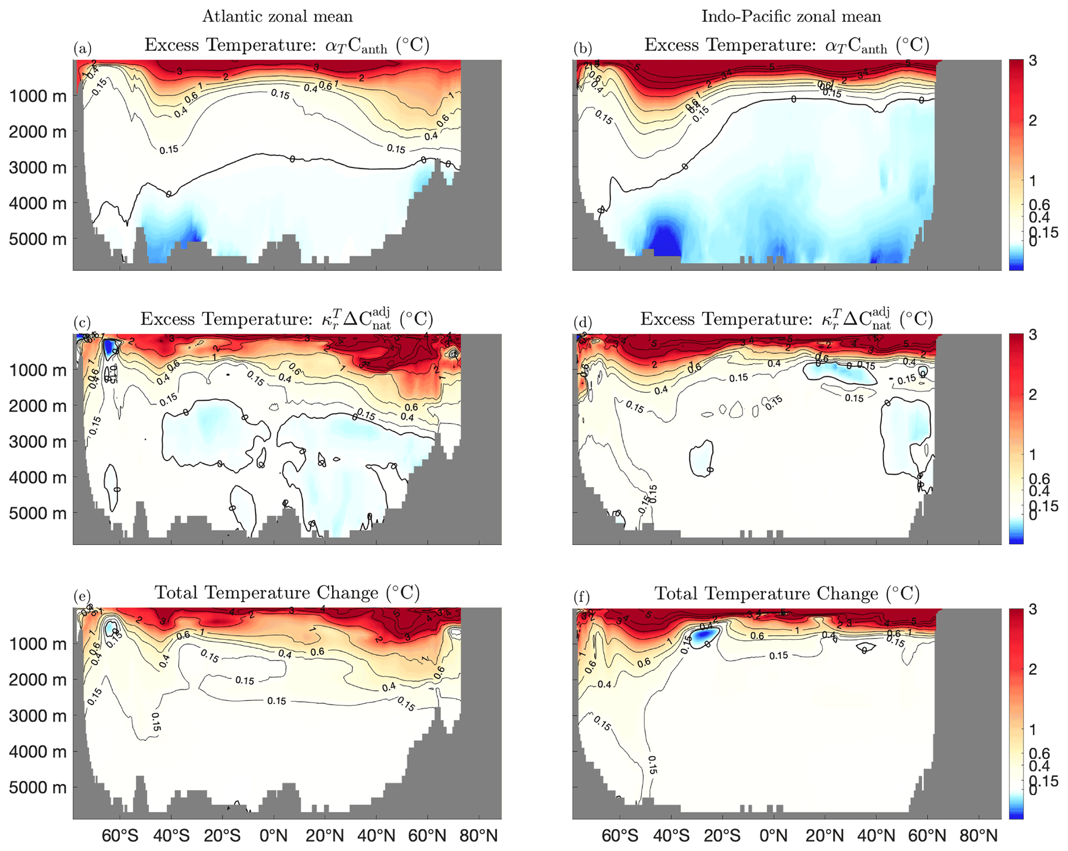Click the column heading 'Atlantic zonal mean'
coord(277,17)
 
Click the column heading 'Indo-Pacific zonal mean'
coord(791,17)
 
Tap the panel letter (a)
coord(82,49)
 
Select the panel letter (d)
coord(582,323)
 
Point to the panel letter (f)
coord(581,597)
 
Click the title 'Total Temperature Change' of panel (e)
coord(287,593)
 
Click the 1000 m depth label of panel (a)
coord(38,96)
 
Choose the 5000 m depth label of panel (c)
coord(38,513)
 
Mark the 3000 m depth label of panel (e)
coord(38,716)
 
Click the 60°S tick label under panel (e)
coord(120,836)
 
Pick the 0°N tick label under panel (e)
coord(273,836)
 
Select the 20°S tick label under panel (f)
coord(722,836)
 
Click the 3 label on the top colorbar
coord(1032,61)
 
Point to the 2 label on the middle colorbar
coord(1032,395)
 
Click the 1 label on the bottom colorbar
coord(1032,730)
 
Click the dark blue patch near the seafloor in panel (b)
coord(664,240)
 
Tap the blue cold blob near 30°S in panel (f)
coord(704,638)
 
